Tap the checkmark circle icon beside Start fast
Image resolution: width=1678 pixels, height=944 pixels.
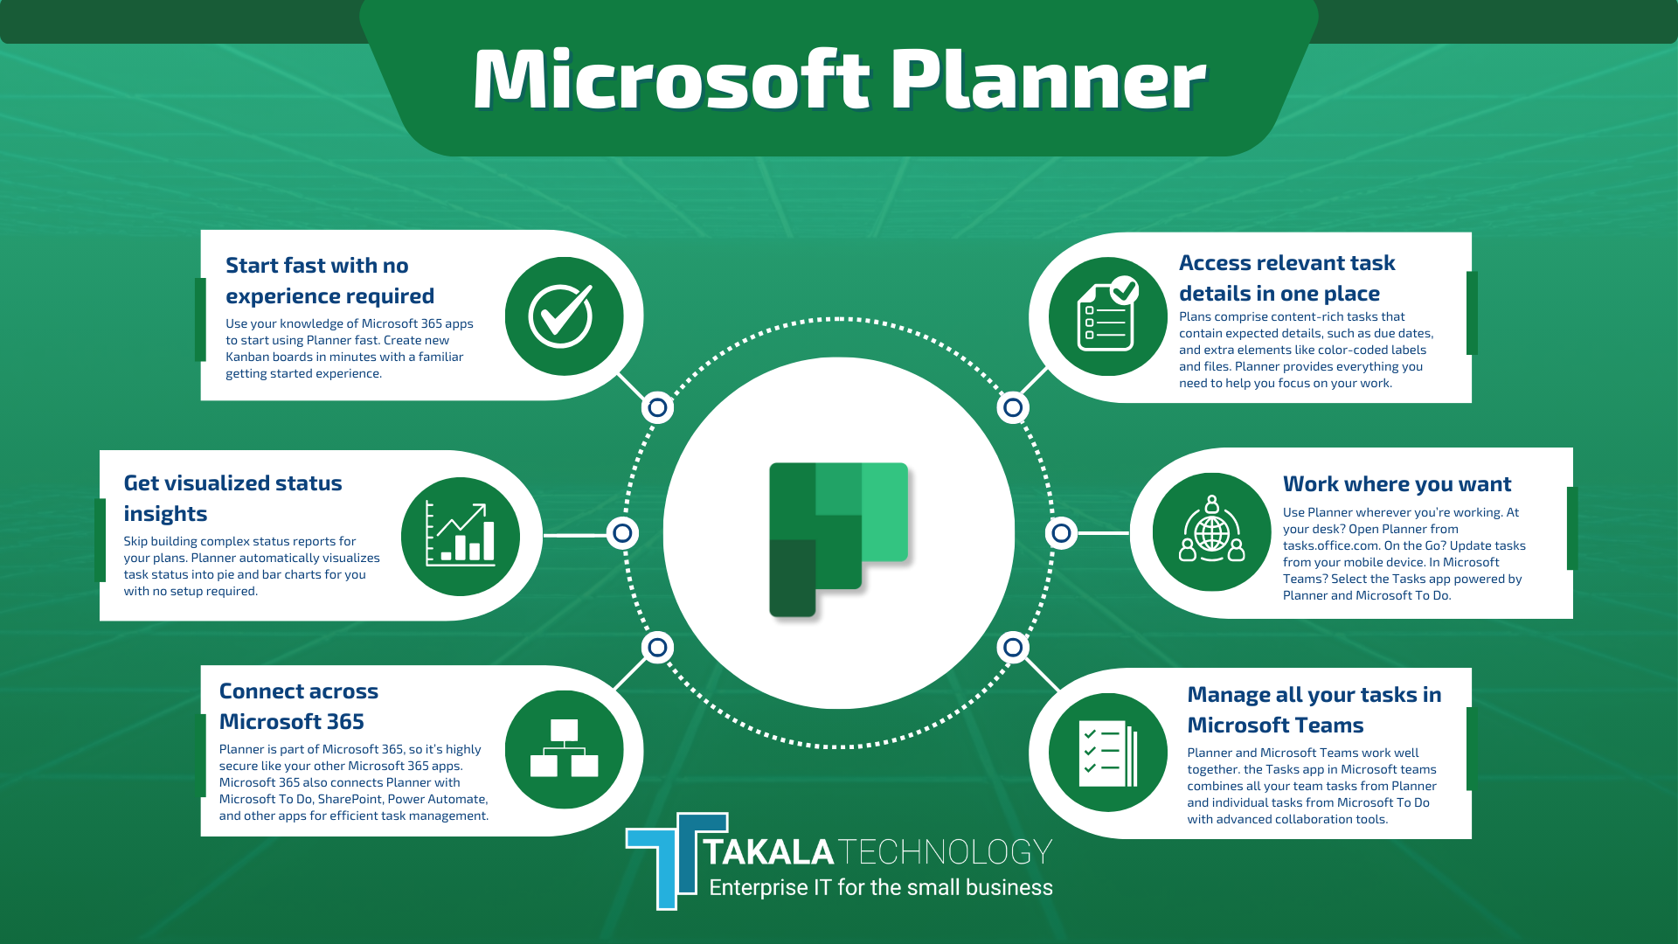point(563,316)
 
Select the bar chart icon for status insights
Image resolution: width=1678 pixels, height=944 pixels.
point(460,536)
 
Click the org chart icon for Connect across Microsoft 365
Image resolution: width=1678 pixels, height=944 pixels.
point(564,749)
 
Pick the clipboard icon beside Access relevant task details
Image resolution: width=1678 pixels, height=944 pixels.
point(1108,316)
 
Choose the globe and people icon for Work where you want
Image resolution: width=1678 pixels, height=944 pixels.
point(1212,532)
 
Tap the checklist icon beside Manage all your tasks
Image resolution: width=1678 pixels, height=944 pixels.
point(1108,753)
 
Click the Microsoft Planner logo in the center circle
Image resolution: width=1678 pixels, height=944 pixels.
point(839,539)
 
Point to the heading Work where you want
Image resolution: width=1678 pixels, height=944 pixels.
point(1397,484)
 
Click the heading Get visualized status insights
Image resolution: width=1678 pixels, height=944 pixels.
point(232,498)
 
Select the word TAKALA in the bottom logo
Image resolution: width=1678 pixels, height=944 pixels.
point(769,852)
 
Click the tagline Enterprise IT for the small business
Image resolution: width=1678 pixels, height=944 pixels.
point(881,888)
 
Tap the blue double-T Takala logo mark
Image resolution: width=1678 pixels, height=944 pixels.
point(676,861)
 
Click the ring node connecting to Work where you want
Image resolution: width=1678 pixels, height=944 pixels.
point(1061,532)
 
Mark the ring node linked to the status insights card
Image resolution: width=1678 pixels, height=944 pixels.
point(622,532)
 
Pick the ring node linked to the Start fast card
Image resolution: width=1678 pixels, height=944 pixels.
point(657,407)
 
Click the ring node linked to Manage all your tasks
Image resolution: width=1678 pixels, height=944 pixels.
point(1012,648)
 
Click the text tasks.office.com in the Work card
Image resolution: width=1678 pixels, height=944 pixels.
point(1331,545)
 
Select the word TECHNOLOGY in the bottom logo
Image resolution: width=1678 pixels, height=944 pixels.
point(946,852)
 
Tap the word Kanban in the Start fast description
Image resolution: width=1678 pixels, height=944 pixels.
point(248,357)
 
